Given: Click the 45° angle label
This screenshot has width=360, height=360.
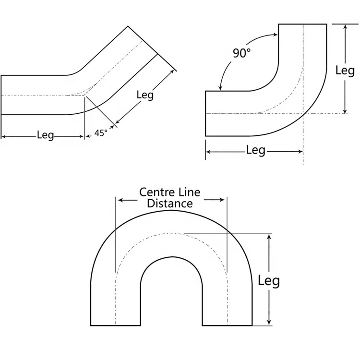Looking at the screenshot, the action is pyautogui.click(x=100, y=133).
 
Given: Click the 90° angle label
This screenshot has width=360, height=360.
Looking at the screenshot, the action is pyautogui.click(x=242, y=53).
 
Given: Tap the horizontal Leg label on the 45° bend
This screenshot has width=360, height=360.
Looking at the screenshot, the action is pyautogui.click(x=45, y=135).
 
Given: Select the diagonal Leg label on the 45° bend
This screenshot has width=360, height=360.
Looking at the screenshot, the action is pyautogui.click(x=145, y=95).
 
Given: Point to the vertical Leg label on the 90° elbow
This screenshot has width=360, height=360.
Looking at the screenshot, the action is pyautogui.click(x=345, y=71).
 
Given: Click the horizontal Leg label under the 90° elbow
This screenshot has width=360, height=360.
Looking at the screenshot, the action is pyautogui.click(x=255, y=150).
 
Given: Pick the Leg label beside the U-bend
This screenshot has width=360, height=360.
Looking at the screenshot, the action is pyautogui.click(x=269, y=280).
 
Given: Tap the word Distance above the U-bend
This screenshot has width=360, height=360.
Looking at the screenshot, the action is pyautogui.click(x=170, y=204).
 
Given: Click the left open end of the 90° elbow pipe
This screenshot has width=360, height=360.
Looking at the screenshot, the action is pyautogui.click(x=205, y=114).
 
